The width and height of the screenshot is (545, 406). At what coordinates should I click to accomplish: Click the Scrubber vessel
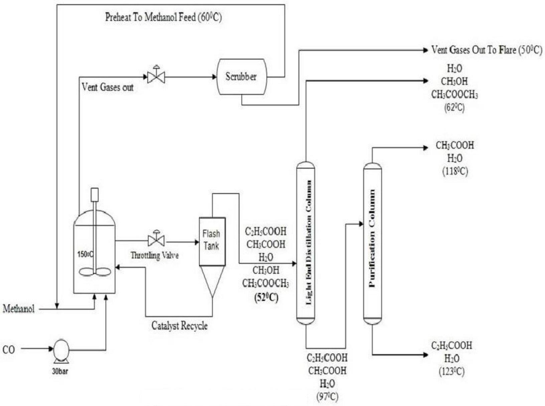[x=241, y=77]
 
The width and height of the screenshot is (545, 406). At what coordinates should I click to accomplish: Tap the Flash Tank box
[x=212, y=241]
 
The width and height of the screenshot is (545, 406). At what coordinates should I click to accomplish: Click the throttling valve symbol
[x=156, y=240]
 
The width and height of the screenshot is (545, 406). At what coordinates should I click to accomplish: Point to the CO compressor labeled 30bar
[x=61, y=350]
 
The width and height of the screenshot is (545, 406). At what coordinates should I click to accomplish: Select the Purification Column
[x=372, y=243]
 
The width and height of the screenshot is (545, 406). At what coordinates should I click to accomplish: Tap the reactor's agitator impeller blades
[x=95, y=272]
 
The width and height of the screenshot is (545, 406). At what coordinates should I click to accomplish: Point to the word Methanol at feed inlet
[x=19, y=309]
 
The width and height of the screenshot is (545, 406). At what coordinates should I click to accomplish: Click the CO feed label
[x=9, y=350]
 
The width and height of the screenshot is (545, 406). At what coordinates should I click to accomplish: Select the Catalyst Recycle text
[x=179, y=326]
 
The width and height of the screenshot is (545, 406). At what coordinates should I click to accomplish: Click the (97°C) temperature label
[x=327, y=397]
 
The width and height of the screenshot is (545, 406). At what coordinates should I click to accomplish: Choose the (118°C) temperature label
[x=455, y=171]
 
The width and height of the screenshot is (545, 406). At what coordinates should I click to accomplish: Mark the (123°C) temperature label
[x=451, y=372]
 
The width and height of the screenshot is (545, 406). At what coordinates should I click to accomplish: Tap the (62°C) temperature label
[x=454, y=108]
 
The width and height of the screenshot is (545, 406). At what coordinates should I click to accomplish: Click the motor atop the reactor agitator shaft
[x=95, y=194]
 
